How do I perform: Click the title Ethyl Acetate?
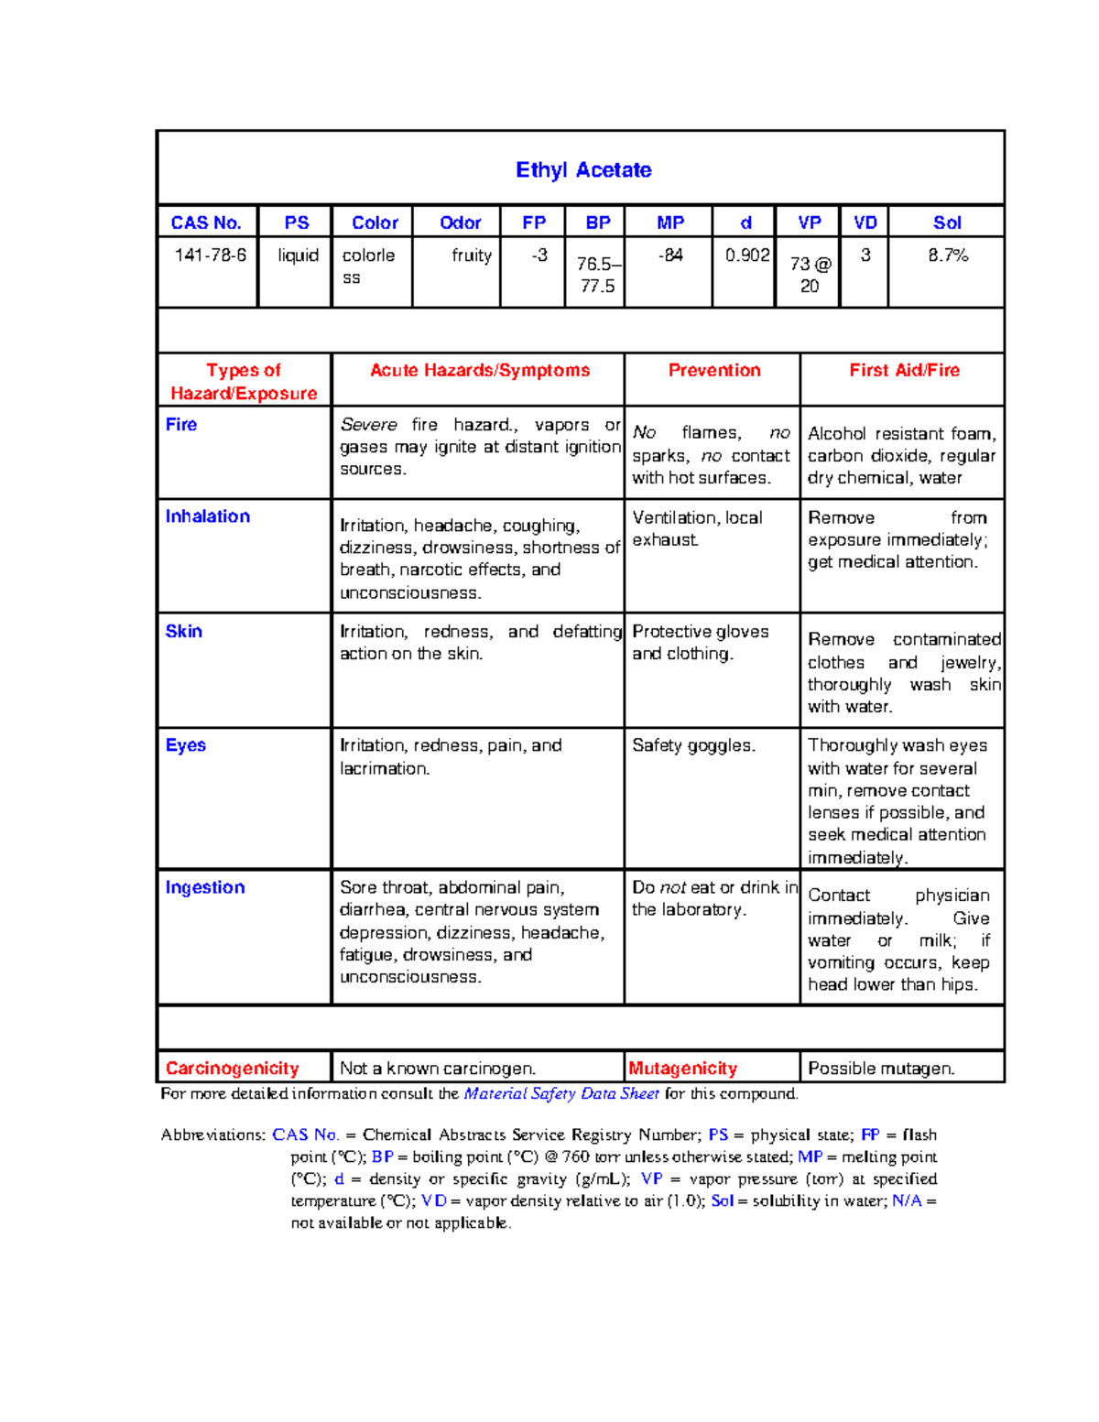[x=583, y=170]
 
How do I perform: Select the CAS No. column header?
[x=206, y=223]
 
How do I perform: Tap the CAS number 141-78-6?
[x=211, y=255]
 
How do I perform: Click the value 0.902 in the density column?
[x=747, y=255]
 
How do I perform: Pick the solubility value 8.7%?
[x=948, y=255]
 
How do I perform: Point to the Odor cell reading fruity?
[x=471, y=255]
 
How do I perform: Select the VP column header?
[x=810, y=223]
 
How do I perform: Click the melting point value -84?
[x=670, y=255]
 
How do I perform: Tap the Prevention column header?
[x=714, y=370]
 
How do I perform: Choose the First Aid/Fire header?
[x=904, y=370]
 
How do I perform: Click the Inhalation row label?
[x=208, y=516]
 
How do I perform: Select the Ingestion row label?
[x=205, y=887]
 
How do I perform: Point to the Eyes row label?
[x=186, y=745]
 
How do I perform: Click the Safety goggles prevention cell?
[x=693, y=745]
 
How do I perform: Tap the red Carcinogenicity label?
[x=233, y=1069]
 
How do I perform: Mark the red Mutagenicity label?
[x=682, y=1069]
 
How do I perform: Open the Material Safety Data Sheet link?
[x=561, y=1093]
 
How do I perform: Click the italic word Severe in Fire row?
[x=368, y=425]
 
